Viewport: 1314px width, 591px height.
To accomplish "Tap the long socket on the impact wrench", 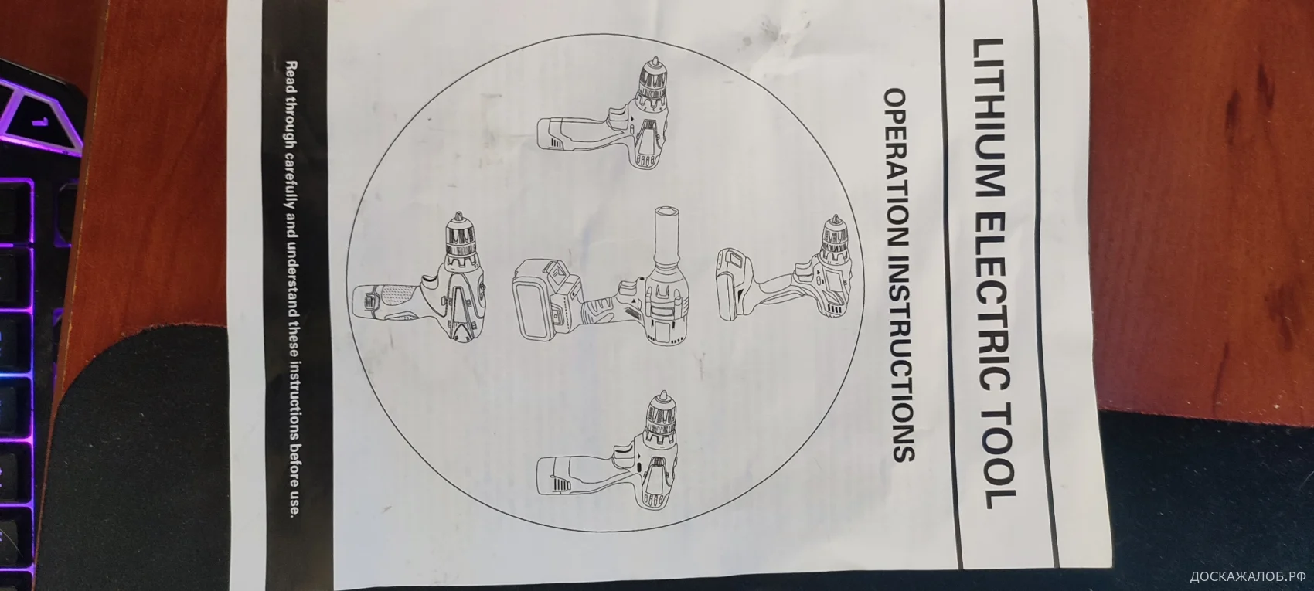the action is click(668, 239).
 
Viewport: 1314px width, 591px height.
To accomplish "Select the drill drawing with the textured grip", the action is click(420, 277).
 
